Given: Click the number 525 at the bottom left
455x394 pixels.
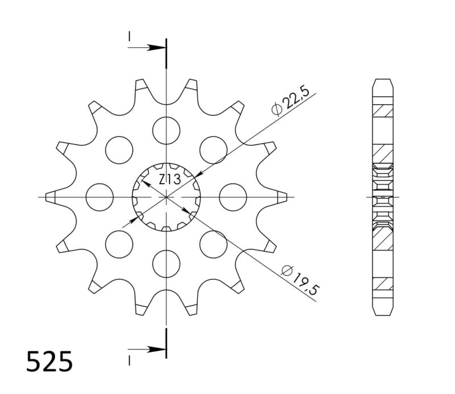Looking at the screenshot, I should (49, 361).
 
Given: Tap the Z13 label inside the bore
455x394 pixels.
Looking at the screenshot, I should (169, 180).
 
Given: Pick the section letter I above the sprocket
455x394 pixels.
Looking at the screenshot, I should (130, 36).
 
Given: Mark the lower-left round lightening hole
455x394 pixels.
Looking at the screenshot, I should (119, 244).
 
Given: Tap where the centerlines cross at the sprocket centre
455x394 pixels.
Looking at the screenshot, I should (166, 197).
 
